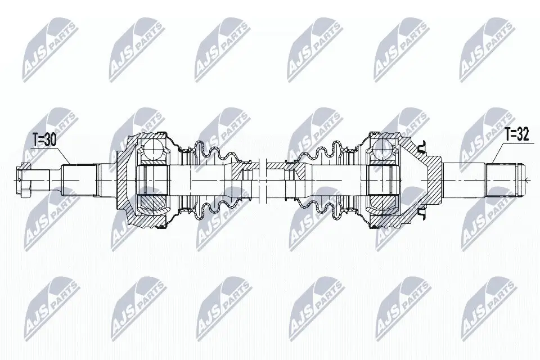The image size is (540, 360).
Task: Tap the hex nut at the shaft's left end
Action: [22, 179]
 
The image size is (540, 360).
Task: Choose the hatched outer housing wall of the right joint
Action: [427, 163]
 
